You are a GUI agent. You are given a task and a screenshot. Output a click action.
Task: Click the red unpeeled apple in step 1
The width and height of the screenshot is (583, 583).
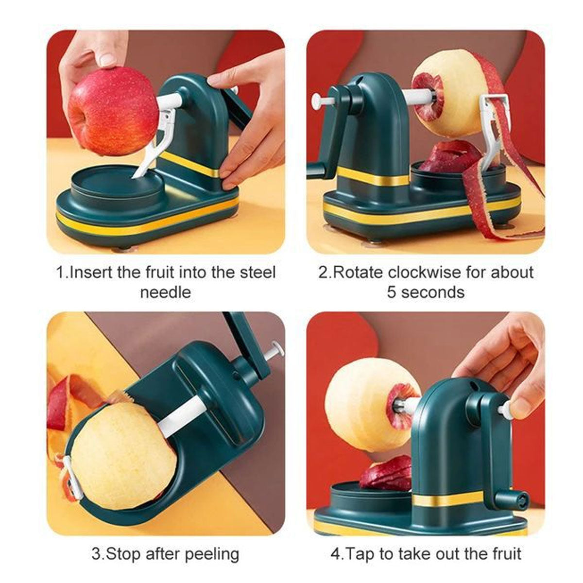tap(113, 111)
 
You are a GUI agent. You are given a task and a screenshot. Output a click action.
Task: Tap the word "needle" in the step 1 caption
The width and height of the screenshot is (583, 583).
tap(166, 292)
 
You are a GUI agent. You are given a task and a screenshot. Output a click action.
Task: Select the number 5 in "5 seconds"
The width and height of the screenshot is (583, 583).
tap(392, 292)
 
